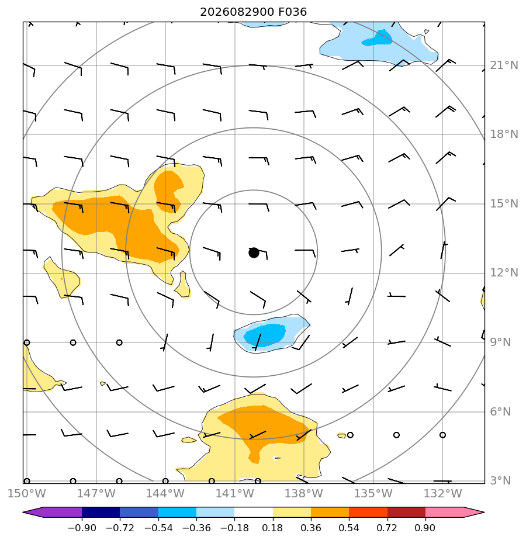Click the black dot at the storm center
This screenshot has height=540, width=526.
point(254,253)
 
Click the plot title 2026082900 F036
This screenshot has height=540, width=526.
point(253,12)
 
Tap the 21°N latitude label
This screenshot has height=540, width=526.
point(504,65)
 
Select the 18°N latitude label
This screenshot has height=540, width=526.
point(504,134)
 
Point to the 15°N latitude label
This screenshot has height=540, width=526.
point(504,203)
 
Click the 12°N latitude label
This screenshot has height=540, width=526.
point(504,273)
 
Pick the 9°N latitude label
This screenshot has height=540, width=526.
point(500,342)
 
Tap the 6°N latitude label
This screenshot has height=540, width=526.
point(500,411)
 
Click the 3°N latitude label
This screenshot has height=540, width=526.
point(500,480)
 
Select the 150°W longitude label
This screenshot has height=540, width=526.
point(26,493)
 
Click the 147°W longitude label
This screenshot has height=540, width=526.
point(96,493)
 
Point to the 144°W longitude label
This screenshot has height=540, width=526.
point(165,493)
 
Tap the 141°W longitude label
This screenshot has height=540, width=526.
point(234,493)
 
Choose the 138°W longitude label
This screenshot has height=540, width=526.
point(304,493)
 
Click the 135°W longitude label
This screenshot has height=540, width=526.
point(373,493)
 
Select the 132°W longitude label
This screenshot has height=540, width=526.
point(442,493)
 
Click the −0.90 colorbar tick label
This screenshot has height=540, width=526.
point(82,528)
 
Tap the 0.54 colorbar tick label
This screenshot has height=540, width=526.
point(349,528)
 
